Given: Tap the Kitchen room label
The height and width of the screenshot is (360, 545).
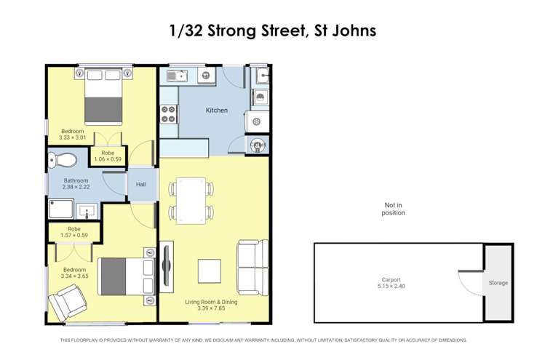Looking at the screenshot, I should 217,111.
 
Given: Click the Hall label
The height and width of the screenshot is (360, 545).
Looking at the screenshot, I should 141,185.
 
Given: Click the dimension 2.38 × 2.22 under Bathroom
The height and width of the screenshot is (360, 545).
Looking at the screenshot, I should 76,187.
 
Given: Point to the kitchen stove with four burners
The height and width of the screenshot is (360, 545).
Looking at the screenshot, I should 168,114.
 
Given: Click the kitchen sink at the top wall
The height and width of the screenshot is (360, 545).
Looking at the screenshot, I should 176,75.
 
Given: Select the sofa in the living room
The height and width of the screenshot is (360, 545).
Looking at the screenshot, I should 247,265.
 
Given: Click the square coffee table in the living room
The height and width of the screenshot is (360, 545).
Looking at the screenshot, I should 210,271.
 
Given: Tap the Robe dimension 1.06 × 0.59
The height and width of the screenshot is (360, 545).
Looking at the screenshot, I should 108,159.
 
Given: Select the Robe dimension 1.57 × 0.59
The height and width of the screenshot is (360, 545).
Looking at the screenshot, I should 72,235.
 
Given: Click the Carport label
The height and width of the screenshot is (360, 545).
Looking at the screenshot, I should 391,280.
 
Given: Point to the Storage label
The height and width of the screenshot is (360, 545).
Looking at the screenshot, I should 498,283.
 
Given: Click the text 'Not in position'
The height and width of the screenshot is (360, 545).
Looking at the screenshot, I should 393,209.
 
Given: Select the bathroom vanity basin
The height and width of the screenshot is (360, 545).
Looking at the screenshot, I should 87,211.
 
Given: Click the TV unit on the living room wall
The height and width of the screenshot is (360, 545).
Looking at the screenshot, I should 167,270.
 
